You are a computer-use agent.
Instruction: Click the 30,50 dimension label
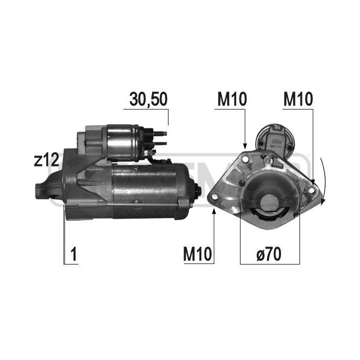click(x=148, y=99)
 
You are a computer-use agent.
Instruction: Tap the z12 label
click(x=46, y=160)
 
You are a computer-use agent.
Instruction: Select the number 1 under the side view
click(x=73, y=254)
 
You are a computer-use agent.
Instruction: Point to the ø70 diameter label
click(x=269, y=254)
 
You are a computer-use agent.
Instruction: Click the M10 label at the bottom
click(x=197, y=254)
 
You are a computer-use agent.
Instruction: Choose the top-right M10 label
click(x=298, y=99)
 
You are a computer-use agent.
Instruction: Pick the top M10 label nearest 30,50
click(x=232, y=99)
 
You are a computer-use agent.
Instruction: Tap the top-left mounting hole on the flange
click(x=244, y=159)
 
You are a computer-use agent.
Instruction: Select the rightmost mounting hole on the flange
click(x=311, y=190)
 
